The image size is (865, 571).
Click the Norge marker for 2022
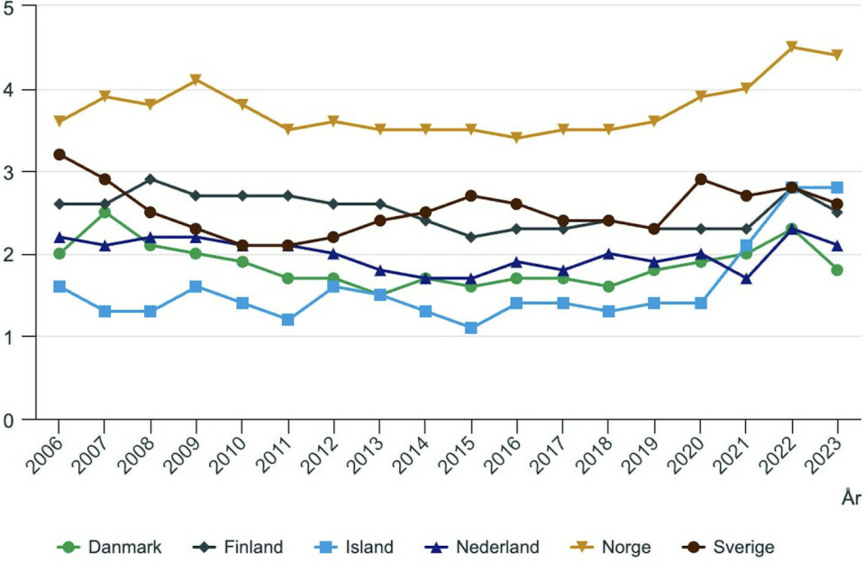click(x=792, y=47)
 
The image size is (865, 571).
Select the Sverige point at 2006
click(x=59, y=154)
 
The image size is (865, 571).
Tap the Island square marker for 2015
click(x=471, y=328)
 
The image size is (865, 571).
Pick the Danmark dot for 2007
click(x=105, y=213)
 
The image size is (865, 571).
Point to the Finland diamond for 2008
click(x=151, y=179)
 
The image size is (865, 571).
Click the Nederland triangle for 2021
click(x=746, y=279)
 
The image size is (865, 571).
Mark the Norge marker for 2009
click(x=197, y=80)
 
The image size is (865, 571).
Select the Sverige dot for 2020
click(x=700, y=179)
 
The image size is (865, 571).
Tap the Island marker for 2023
click(x=838, y=187)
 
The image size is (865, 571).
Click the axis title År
click(x=851, y=498)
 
